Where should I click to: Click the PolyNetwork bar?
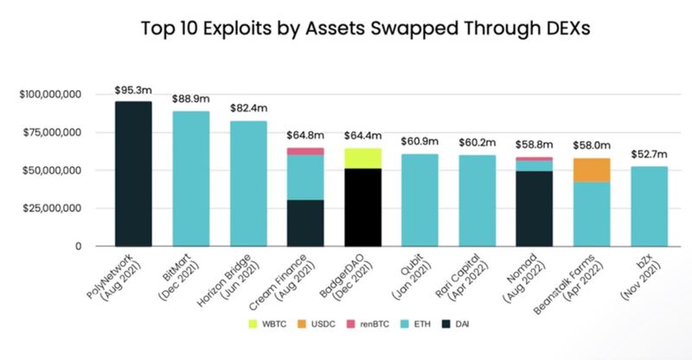click(133, 173)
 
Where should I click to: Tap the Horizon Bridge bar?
click(247, 183)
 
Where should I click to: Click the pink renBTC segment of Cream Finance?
click(305, 151)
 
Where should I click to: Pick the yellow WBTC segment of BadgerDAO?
click(362, 158)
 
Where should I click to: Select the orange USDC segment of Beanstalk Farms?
click(592, 170)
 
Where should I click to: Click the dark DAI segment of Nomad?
click(535, 209)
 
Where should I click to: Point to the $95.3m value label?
click(133, 91)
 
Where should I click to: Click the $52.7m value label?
click(649, 156)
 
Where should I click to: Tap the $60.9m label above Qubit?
click(420, 142)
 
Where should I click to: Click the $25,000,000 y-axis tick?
click(54, 209)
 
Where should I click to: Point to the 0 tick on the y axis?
click(78, 247)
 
